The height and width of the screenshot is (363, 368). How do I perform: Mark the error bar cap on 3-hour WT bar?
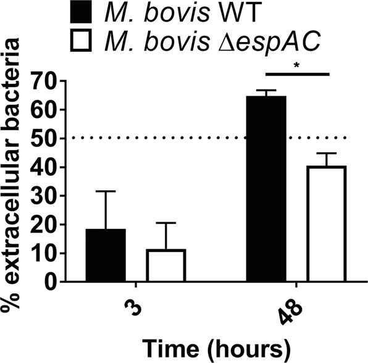coord(106,191)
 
